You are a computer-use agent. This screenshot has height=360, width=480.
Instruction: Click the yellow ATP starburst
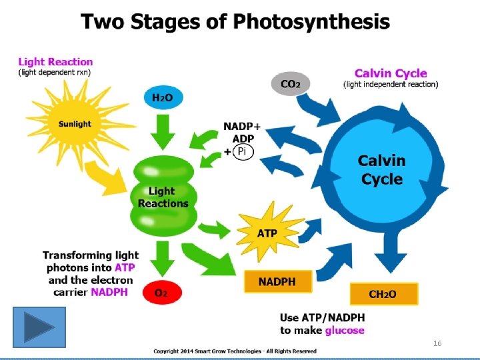point(267,233)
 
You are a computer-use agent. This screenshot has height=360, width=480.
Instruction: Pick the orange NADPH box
point(277,282)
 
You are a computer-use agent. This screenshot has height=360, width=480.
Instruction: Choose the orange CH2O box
point(383,294)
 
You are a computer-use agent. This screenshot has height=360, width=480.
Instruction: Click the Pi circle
point(243,151)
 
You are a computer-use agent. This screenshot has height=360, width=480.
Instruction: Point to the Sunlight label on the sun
point(75,124)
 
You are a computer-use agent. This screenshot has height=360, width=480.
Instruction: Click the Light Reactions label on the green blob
point(163,198)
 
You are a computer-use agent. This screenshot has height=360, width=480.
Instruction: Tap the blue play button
point(39,327)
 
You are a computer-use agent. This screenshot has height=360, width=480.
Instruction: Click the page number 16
point(437,343)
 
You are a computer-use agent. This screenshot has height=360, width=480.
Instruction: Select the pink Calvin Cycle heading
point(391,73)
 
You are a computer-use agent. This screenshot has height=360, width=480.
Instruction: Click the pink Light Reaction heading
point(55,62)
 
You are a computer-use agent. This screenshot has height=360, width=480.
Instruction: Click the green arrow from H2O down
point(163,132)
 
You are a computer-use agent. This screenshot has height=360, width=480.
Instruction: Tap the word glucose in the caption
point(345,330)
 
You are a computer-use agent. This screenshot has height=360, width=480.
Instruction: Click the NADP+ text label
point(242,126)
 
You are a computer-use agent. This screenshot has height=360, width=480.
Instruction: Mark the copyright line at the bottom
point(235,351)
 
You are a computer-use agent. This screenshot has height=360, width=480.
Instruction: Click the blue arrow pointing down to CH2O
point(385,257)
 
